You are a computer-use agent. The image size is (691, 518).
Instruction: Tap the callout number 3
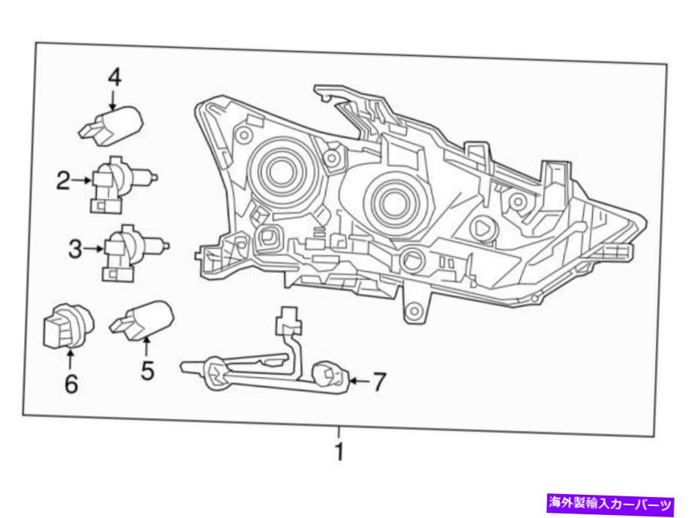point(74,249)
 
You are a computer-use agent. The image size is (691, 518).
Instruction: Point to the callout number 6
point(71,383)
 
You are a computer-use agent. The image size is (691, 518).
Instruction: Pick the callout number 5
point(147,369)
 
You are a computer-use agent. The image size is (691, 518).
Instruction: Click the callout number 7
point(378,383)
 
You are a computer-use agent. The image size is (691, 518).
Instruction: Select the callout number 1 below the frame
point(339,452)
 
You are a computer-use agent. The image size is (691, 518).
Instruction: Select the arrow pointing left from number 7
point(357,383)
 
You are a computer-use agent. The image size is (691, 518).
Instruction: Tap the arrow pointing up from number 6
point(71,358)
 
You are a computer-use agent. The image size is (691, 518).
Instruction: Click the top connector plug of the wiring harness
point(287,323)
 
